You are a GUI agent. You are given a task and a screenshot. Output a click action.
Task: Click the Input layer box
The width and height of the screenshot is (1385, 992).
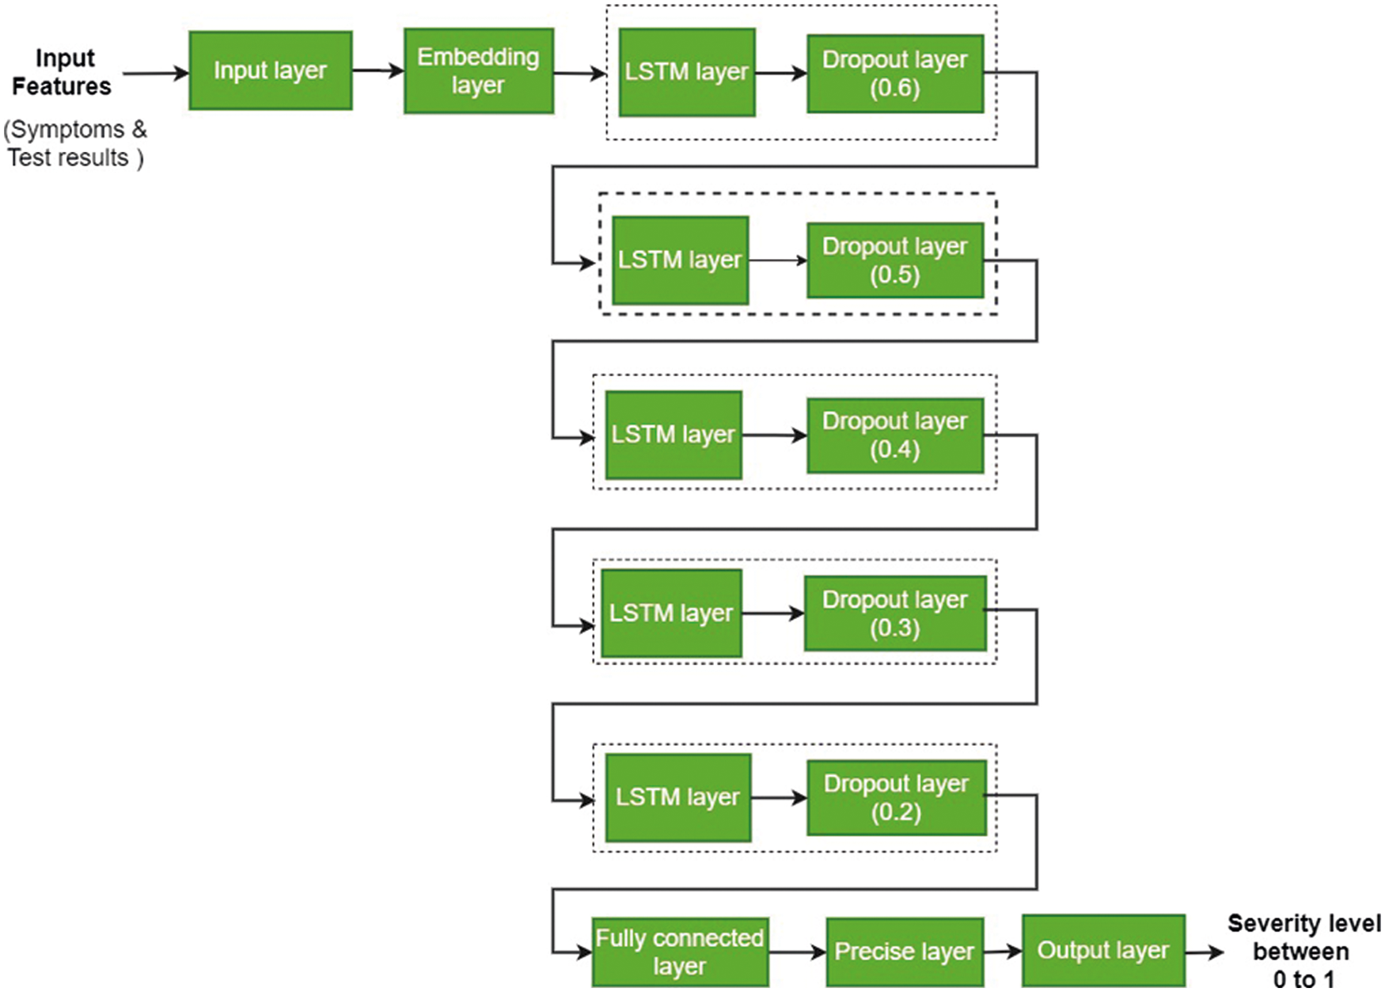click(x=270, y=70)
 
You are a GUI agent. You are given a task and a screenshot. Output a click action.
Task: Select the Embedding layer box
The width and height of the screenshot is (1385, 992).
click(x=478, y=70)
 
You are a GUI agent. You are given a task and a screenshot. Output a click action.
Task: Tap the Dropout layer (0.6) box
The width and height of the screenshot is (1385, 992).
click(x=894, y=74)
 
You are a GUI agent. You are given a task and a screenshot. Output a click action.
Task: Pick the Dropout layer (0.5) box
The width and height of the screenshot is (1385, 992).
click(x=894, y=260)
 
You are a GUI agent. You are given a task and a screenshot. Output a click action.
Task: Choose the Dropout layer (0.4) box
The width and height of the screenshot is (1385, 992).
click(x=894, y=435)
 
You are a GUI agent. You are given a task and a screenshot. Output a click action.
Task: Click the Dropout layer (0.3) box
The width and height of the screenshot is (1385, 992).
click(x=894, y=614)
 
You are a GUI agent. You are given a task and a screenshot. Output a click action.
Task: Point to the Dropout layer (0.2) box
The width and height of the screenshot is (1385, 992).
click(x=896, y=798)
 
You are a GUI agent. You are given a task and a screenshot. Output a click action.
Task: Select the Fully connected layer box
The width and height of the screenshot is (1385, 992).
click(x=679, y=952)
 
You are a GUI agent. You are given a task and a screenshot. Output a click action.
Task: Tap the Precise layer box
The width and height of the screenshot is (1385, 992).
click(x=904, y=952)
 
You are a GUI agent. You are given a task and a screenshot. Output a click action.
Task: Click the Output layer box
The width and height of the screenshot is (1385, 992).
click(x=1102, y=950)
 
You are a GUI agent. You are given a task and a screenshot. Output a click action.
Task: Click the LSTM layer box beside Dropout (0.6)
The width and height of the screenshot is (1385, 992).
click(x=686, y=72)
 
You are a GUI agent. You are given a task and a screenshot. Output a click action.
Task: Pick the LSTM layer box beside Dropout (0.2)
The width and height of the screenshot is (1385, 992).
click(x=677, y=797)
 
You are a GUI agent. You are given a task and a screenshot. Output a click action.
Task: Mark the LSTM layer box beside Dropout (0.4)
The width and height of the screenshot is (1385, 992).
click(x=673, y=435)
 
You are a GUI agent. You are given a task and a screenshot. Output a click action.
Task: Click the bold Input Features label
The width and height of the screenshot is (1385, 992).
click(x=62, y=72)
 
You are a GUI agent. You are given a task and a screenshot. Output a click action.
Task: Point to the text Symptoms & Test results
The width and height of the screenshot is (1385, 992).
click(x=75, y=143)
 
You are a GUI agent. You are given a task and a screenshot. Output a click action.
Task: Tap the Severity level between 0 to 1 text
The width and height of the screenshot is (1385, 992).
click(x=1303, y=951)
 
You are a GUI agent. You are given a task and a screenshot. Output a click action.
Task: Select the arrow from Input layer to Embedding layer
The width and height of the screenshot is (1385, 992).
click(x=378, y=70)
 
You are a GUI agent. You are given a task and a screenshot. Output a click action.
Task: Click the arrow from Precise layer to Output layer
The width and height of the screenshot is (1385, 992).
click(x=1003, y=951)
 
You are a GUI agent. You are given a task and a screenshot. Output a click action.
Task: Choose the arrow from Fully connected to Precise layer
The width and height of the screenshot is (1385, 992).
click(x=797, y=952)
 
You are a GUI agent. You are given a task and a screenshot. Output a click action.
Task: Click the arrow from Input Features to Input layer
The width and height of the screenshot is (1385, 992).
click(x=156, y=74)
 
